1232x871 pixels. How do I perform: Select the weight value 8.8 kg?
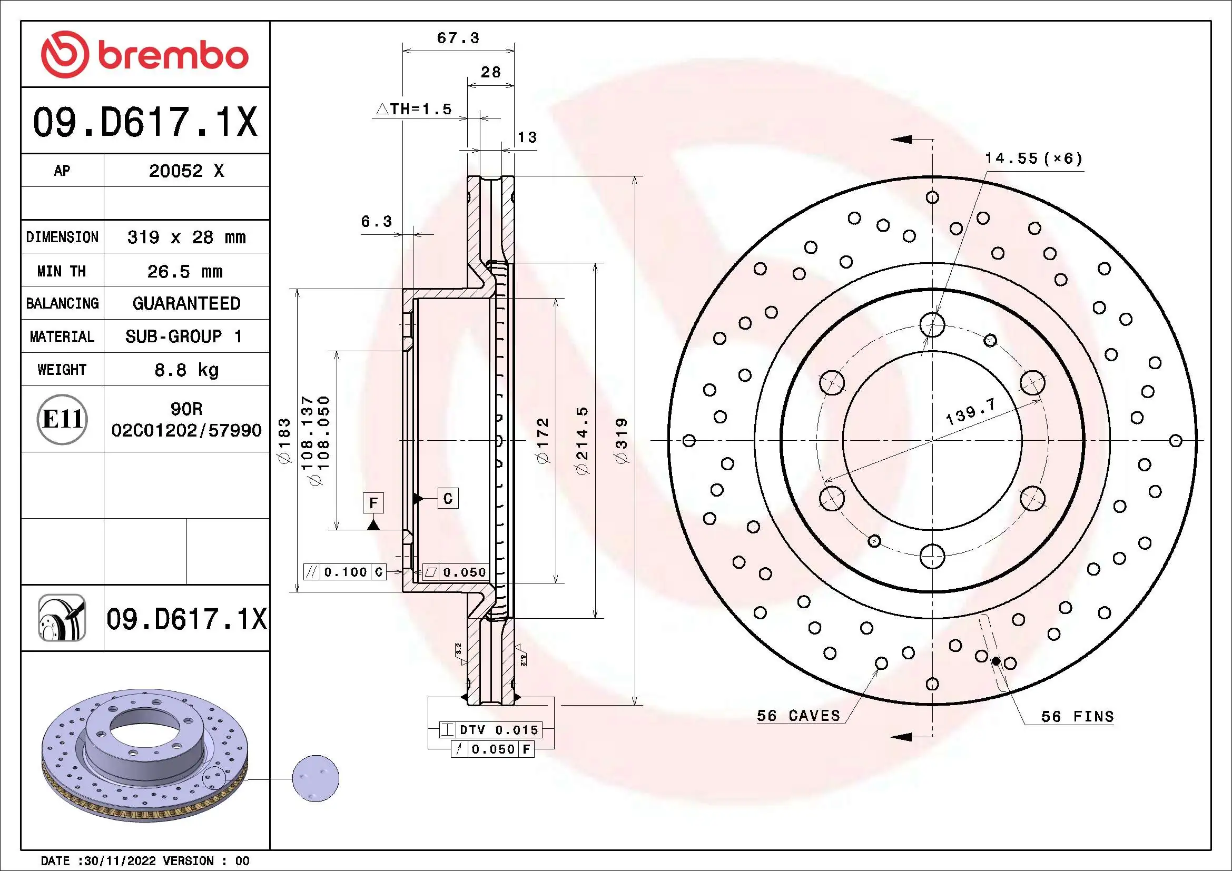coord(186,370)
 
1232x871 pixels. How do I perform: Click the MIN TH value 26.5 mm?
coord(185,271)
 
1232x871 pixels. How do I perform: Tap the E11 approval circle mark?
coord(62,419)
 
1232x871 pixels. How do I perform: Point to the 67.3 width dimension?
coord(458,38)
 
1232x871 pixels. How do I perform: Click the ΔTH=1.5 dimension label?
coord(414,110)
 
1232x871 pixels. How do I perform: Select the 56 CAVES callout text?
coord(798,716)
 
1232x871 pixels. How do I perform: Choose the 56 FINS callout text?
coord(1077,717)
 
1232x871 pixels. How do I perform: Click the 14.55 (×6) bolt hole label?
coord(1033,159)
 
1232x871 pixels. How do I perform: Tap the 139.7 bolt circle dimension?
coord(970,412)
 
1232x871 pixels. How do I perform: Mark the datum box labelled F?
coord(373,503)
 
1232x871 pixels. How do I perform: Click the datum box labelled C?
coord(448,499)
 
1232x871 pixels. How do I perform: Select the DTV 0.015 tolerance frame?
coord(490,730)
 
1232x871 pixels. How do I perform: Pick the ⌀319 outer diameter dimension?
coord(622,441)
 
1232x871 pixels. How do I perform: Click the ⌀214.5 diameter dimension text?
coord(582,441)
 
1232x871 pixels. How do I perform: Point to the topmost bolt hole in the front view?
coord(932,325)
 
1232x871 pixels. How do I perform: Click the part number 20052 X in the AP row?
coord(186,171)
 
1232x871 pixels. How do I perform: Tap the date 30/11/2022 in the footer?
coord(120,861)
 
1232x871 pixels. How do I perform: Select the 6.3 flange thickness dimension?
coord(376,222)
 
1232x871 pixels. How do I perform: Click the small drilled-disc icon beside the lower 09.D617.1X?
coord(62,618)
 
